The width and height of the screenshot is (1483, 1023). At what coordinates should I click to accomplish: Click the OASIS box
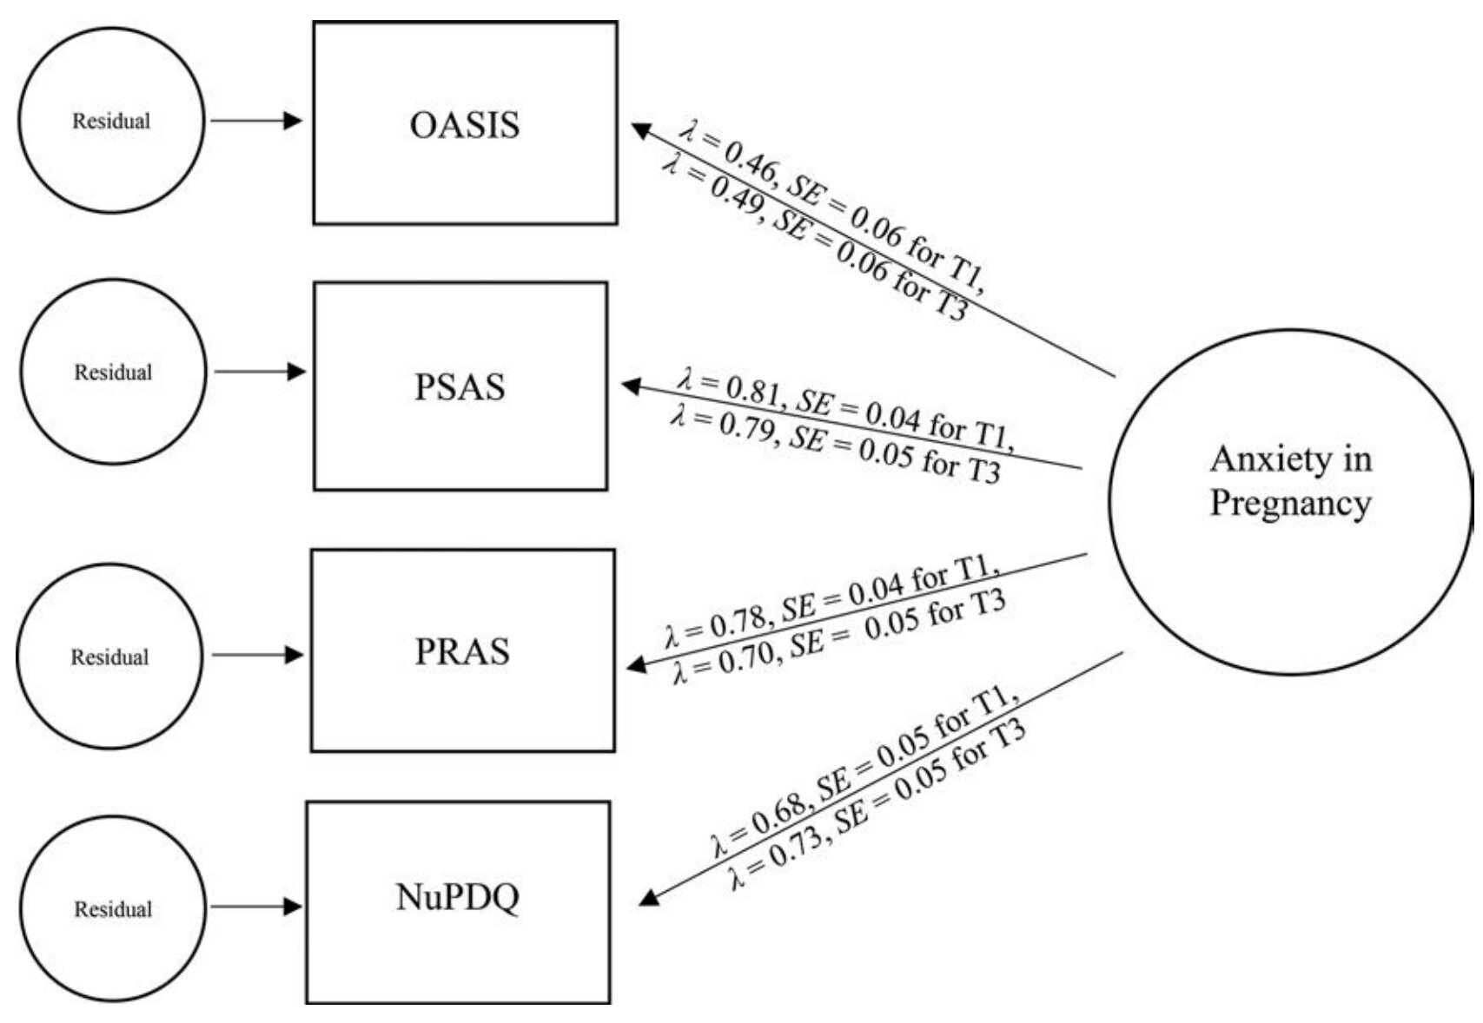[x=465, y=123]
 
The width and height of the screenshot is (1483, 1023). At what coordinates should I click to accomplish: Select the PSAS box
[x=460, y=386]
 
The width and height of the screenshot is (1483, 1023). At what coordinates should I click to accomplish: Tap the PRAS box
[x=462, y=650]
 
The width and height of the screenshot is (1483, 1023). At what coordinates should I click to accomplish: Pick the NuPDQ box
[x=458, y=902]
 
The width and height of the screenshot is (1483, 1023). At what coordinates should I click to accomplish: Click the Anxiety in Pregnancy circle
[x=1290, y=501]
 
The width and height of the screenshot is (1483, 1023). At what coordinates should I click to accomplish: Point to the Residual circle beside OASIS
[x=111, y=121]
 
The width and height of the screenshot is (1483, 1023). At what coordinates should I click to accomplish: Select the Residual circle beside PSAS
[x=113, y=372]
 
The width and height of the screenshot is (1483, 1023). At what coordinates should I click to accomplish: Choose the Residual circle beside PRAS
[x=109, y=657]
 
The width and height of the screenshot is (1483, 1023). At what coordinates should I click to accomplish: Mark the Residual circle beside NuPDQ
[x=113, y=909]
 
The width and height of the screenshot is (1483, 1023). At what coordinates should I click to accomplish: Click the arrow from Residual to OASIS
[x=256, y=121]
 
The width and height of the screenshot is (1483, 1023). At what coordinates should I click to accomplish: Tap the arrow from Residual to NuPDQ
[x=256, y=907]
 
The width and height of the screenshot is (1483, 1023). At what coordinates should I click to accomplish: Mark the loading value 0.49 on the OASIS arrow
[x=735, y=186]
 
